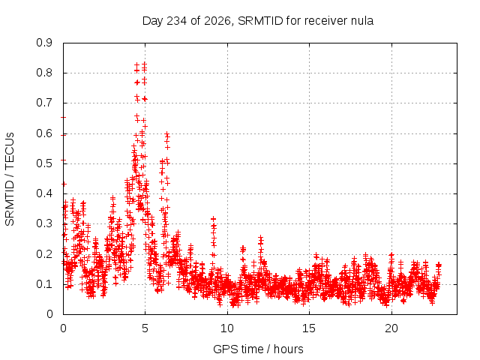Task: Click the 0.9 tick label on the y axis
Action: click(44, 43)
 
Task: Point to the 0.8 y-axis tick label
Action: click(44, 73)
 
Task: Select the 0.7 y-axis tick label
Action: click(44, 103)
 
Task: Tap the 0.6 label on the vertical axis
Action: click(44, 133)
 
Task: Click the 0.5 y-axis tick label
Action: click(44, 163)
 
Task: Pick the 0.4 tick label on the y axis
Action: click(44, 193)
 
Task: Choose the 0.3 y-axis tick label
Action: click(44, 223)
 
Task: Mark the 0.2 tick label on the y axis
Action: click(44, 254)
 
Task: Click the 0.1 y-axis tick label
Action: click(44, 284)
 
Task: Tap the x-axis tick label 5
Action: click(145, 328)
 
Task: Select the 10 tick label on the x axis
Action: click(226, 328)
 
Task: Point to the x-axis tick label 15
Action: click(309, 328)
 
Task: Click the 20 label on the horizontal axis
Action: click(391, 328)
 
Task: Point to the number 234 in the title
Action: click(176, 21)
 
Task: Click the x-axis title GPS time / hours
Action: click(258, 349)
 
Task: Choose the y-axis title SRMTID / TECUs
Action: click(10, 179)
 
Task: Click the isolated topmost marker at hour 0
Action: click(63, 117)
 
